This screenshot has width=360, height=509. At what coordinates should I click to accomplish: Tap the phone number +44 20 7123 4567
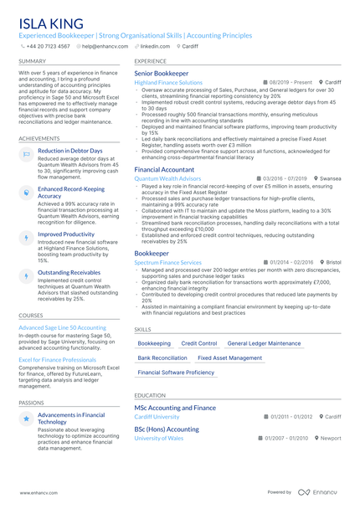[x=48, y=46]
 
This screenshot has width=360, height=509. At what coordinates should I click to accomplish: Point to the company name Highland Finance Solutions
[x=168, y=83]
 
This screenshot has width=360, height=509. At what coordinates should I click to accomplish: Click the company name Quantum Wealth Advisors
[x=167, y=178]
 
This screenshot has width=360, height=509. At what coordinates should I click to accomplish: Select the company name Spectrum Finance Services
[x=167, y=262]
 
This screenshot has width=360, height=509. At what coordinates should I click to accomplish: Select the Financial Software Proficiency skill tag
[x=176, y=372]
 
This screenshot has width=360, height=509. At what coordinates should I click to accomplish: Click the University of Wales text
[x=159, y=438]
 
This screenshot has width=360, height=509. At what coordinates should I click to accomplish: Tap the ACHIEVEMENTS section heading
[x=39, y=138]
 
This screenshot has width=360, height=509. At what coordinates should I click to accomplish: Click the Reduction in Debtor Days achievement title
[x=70, y=151]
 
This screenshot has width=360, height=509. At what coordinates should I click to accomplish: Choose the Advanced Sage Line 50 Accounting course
[x=62, y=327]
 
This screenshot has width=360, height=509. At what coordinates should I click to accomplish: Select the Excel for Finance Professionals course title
[x=58, y=360]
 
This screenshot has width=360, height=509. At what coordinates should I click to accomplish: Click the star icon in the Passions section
[x=26, y=417]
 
